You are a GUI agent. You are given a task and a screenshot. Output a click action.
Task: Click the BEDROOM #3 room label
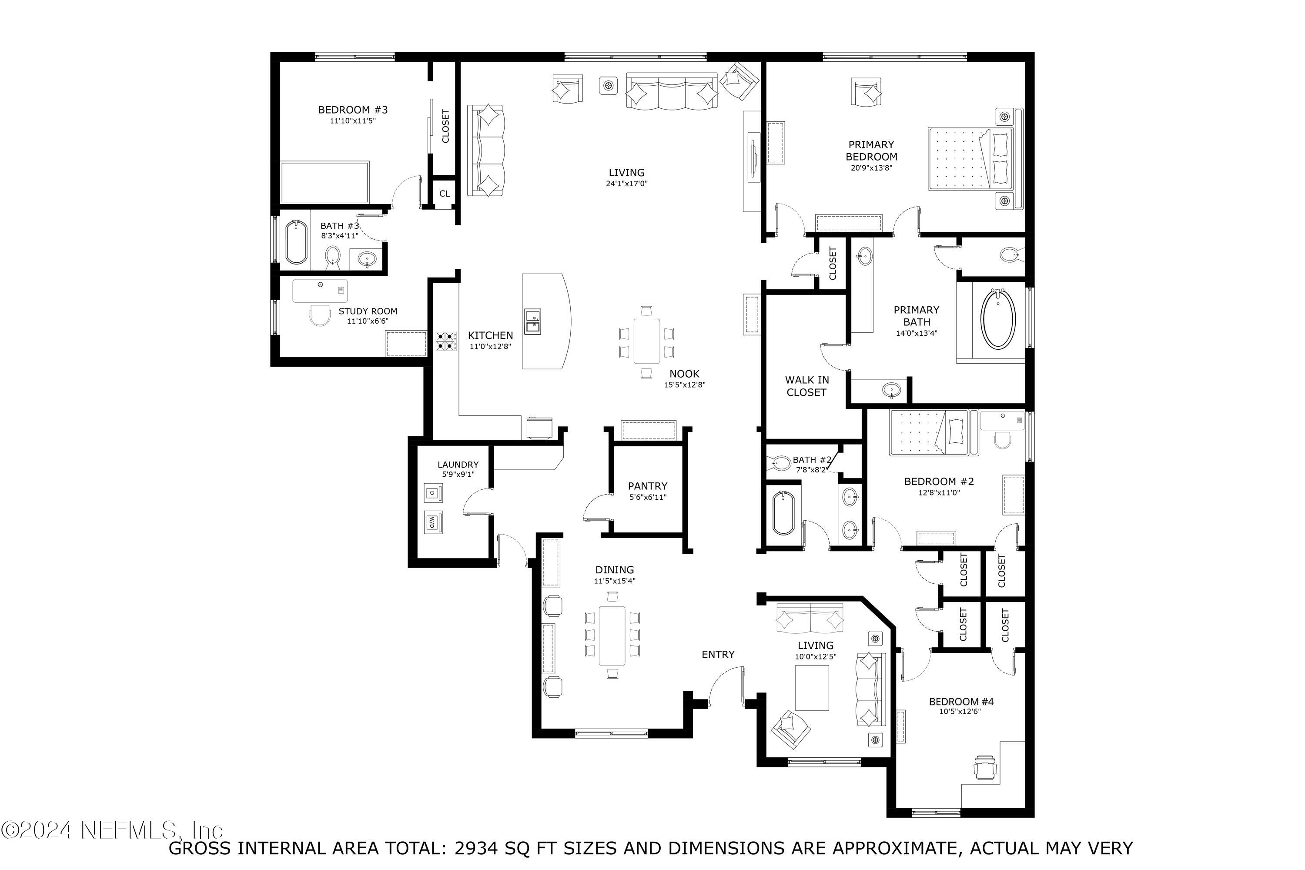pos(352,110)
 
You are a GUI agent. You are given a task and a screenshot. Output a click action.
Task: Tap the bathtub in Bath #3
pos(296,242)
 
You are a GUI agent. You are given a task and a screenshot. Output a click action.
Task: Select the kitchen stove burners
pos(445,341)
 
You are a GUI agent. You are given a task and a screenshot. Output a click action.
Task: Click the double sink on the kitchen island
pos(532,322)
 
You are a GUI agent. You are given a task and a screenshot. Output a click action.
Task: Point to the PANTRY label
pos(648,486)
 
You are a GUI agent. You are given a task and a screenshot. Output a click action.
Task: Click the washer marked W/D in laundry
pos(433,522)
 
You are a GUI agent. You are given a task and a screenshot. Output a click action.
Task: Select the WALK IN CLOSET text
pos(807,386)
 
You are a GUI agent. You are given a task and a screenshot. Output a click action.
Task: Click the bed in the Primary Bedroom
pos(970,159)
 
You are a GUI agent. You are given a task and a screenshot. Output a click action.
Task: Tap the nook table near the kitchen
pos(646,341)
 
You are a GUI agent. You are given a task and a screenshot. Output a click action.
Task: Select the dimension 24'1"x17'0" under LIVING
pos(626,184)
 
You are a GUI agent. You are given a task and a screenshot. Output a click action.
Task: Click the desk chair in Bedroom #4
pos(985,767)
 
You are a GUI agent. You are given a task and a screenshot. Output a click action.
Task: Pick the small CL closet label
pos(445,194)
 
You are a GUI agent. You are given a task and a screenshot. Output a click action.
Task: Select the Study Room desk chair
pos(320,315)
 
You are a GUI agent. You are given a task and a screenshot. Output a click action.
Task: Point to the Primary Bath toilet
pos(1009,256)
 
